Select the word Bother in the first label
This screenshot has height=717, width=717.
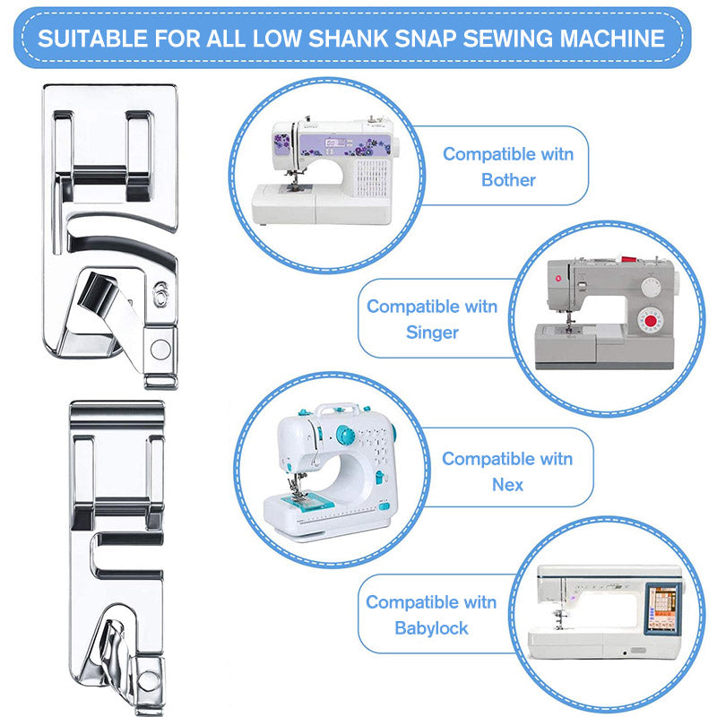coord(508,179)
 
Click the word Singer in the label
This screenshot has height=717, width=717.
coord(432,333)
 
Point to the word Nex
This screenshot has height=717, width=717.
coord(507,485)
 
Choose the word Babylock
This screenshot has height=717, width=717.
coord(431,627)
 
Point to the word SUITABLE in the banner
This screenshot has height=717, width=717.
coord(95,39)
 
